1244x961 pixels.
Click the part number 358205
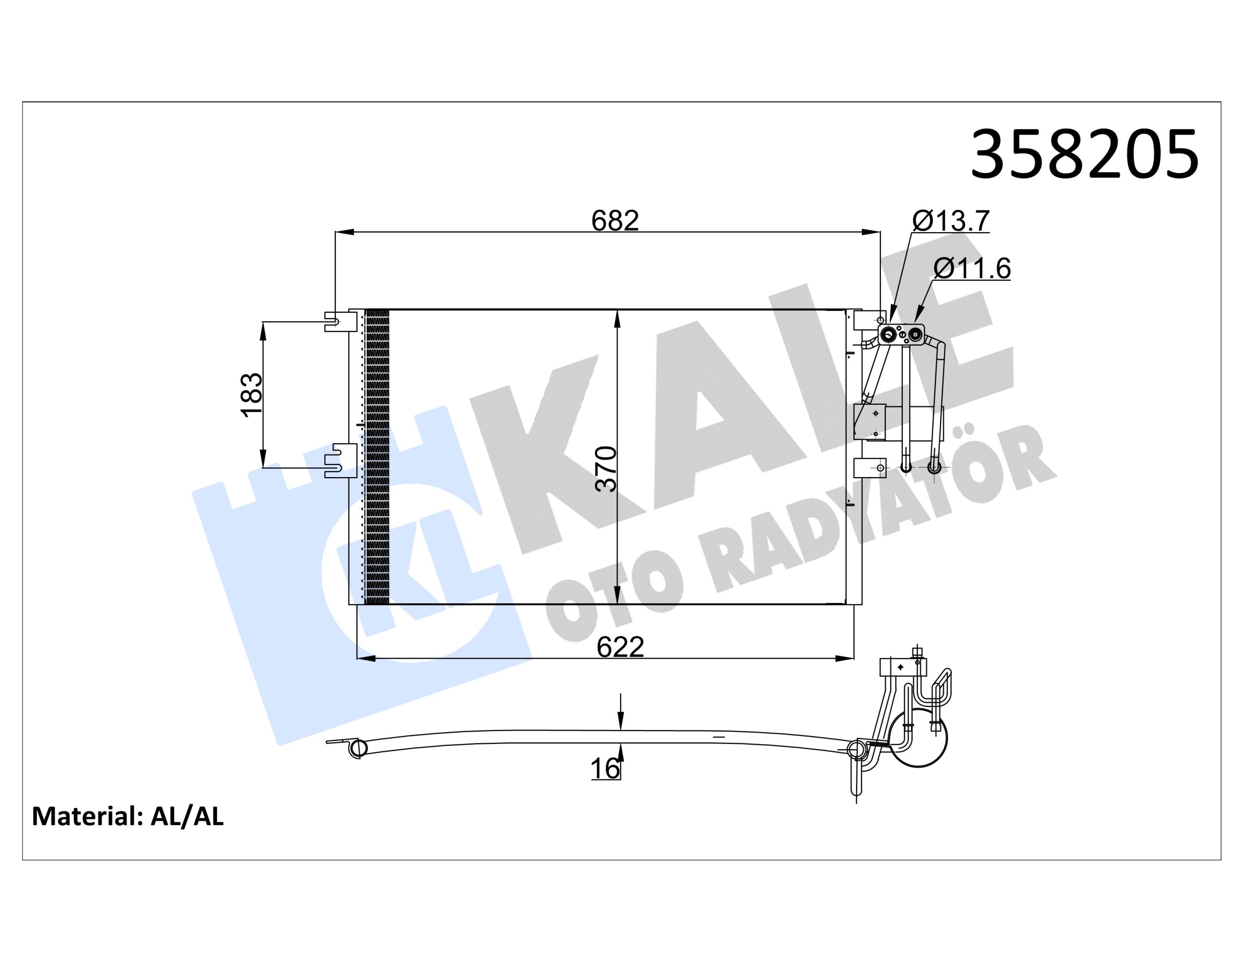click(x=1085, y=154)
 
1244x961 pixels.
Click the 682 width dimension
click(x=615, y=221)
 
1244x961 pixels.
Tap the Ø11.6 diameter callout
click(x=972, y=268)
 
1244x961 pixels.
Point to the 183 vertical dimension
click(x=252, y=395)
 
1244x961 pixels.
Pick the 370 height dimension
click(x=605, y=469)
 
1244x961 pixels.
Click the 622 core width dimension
click(x=620, y=647)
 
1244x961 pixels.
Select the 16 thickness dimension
click(x=605, y=769)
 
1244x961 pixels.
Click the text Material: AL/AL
click(x=128, y=816)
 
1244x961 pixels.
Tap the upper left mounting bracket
click(x=341, y=321)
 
